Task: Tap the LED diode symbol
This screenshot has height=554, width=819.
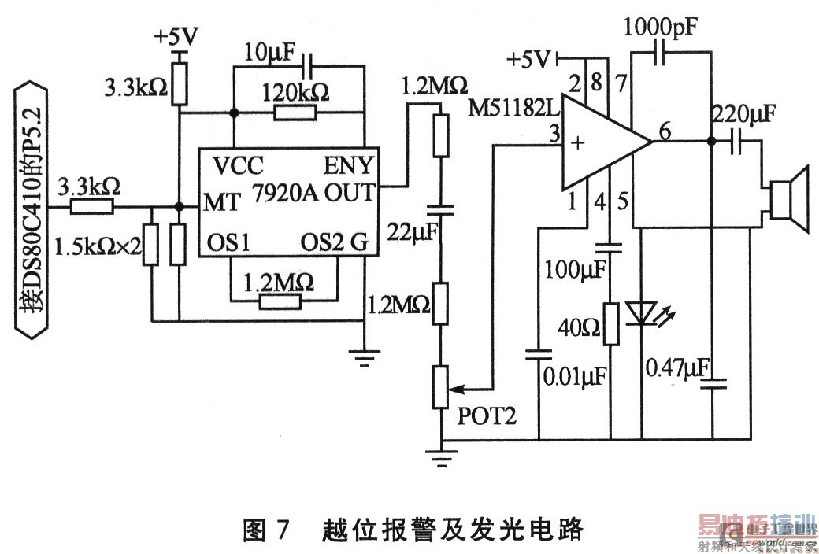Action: pyautogui.click(x=639, y=315)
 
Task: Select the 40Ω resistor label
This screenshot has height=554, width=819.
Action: pyautogui.click(x=578, y=324)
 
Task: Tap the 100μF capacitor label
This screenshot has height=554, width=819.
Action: pyautogui.click(x=575, y=270)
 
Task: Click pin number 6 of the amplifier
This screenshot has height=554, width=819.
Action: pyautogui.click(x=665, y=133)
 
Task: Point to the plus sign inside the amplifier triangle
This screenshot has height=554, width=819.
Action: pyautogui.click(x=581, y=142)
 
